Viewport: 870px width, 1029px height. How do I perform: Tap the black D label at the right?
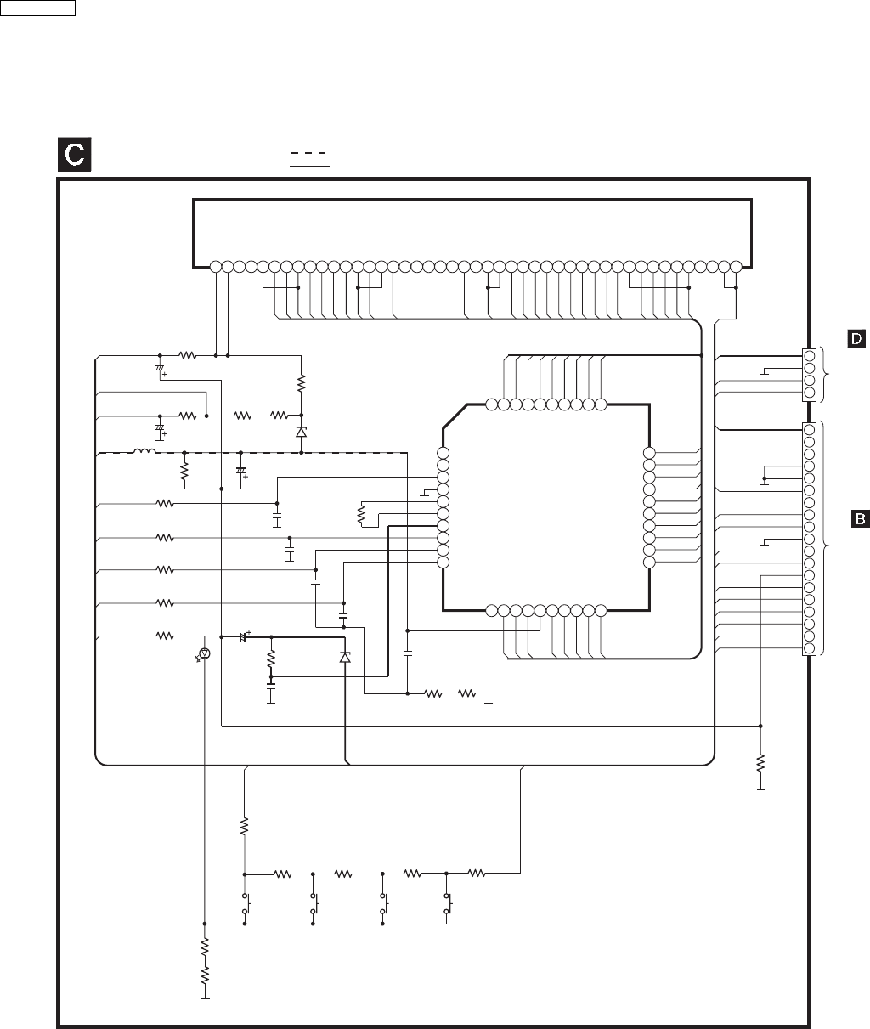coord(856,338)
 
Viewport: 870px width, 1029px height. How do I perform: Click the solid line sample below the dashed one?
coord(309,167)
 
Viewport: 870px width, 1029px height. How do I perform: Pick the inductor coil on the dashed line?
coord(144,451)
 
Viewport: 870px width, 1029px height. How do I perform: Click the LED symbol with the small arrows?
coord(203,653)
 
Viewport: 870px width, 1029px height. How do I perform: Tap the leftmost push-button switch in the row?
coord(246,904)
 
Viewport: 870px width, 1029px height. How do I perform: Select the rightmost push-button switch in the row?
coord(448,904)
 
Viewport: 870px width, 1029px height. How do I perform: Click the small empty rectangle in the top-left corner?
coord(38,8)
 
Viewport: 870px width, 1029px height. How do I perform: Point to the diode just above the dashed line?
coord(301,432)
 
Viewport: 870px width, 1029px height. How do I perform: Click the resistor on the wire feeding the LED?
coord(165,635)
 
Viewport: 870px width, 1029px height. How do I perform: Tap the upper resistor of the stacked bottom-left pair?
coord(205,946)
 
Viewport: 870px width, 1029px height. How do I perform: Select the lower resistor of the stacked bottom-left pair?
coord(205,977)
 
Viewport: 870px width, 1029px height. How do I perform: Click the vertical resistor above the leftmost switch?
coord(245,825)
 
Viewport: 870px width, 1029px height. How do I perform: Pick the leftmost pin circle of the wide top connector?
coord(216,266)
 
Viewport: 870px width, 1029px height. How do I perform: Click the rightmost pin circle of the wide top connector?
coord(736,266)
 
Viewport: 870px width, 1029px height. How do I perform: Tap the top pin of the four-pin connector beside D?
coord(810,355)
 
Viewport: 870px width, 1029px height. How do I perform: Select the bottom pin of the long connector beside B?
coord(809,648)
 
